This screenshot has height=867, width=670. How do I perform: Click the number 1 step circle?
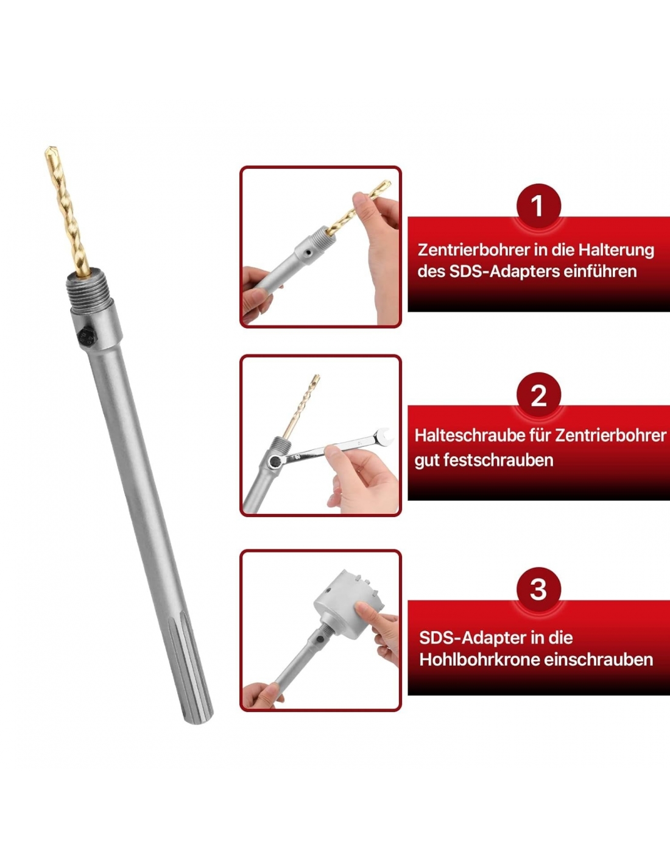click(x=538, y=206)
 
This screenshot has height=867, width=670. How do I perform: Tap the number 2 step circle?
click(x=538, y=395)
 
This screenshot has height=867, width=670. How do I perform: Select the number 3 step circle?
click(x=538, y=589)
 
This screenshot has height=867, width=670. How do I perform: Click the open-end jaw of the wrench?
click(x=384, y=436)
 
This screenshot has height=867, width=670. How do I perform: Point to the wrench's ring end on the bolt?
click(x=275, y=462)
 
